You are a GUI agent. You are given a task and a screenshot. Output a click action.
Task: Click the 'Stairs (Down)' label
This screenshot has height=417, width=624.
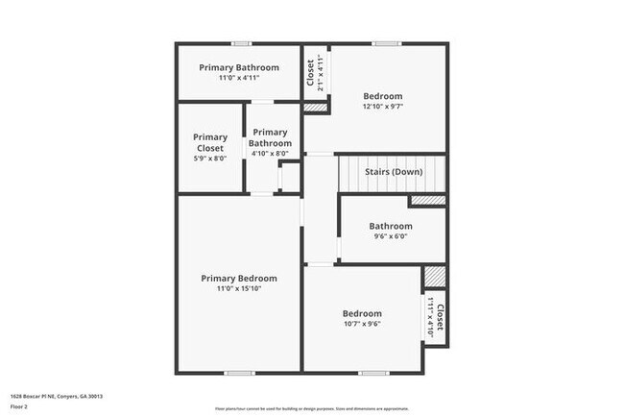tap(393, 173)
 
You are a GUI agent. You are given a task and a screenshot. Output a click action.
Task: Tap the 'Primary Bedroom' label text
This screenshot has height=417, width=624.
tap(239, 279)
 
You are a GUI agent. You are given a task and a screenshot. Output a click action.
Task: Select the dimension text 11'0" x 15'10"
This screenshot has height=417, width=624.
tap(239, 288)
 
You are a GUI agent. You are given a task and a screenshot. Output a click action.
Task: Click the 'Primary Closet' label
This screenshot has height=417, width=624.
tap(210, 143)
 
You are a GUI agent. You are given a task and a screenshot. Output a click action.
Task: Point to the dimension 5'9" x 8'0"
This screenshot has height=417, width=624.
tap(210, 159)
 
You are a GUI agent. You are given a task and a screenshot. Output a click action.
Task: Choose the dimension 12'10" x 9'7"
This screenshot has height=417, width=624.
tap(382, 107)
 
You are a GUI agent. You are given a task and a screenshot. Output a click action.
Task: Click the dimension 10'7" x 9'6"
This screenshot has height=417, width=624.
tap(362, 324)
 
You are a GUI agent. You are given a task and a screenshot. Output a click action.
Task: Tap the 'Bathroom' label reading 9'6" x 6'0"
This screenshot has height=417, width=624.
tap(391, 227)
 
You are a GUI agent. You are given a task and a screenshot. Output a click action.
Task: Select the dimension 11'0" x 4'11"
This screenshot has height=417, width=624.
tap(239, 78)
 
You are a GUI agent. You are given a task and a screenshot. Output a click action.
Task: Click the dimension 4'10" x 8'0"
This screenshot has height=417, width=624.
tap(270, 154)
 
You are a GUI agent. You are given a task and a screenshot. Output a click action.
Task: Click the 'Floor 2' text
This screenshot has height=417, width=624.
tap(19, 407)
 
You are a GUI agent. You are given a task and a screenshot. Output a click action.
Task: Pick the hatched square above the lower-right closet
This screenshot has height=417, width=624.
tap(435, 277)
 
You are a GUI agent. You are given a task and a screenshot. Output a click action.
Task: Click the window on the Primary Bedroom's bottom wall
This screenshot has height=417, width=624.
tap(239, 373)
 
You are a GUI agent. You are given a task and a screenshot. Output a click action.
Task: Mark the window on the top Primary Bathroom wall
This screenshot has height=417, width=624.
tap(241, 43)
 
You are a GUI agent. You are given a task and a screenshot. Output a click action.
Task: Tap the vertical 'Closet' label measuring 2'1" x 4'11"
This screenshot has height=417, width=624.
tap(310, 70)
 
